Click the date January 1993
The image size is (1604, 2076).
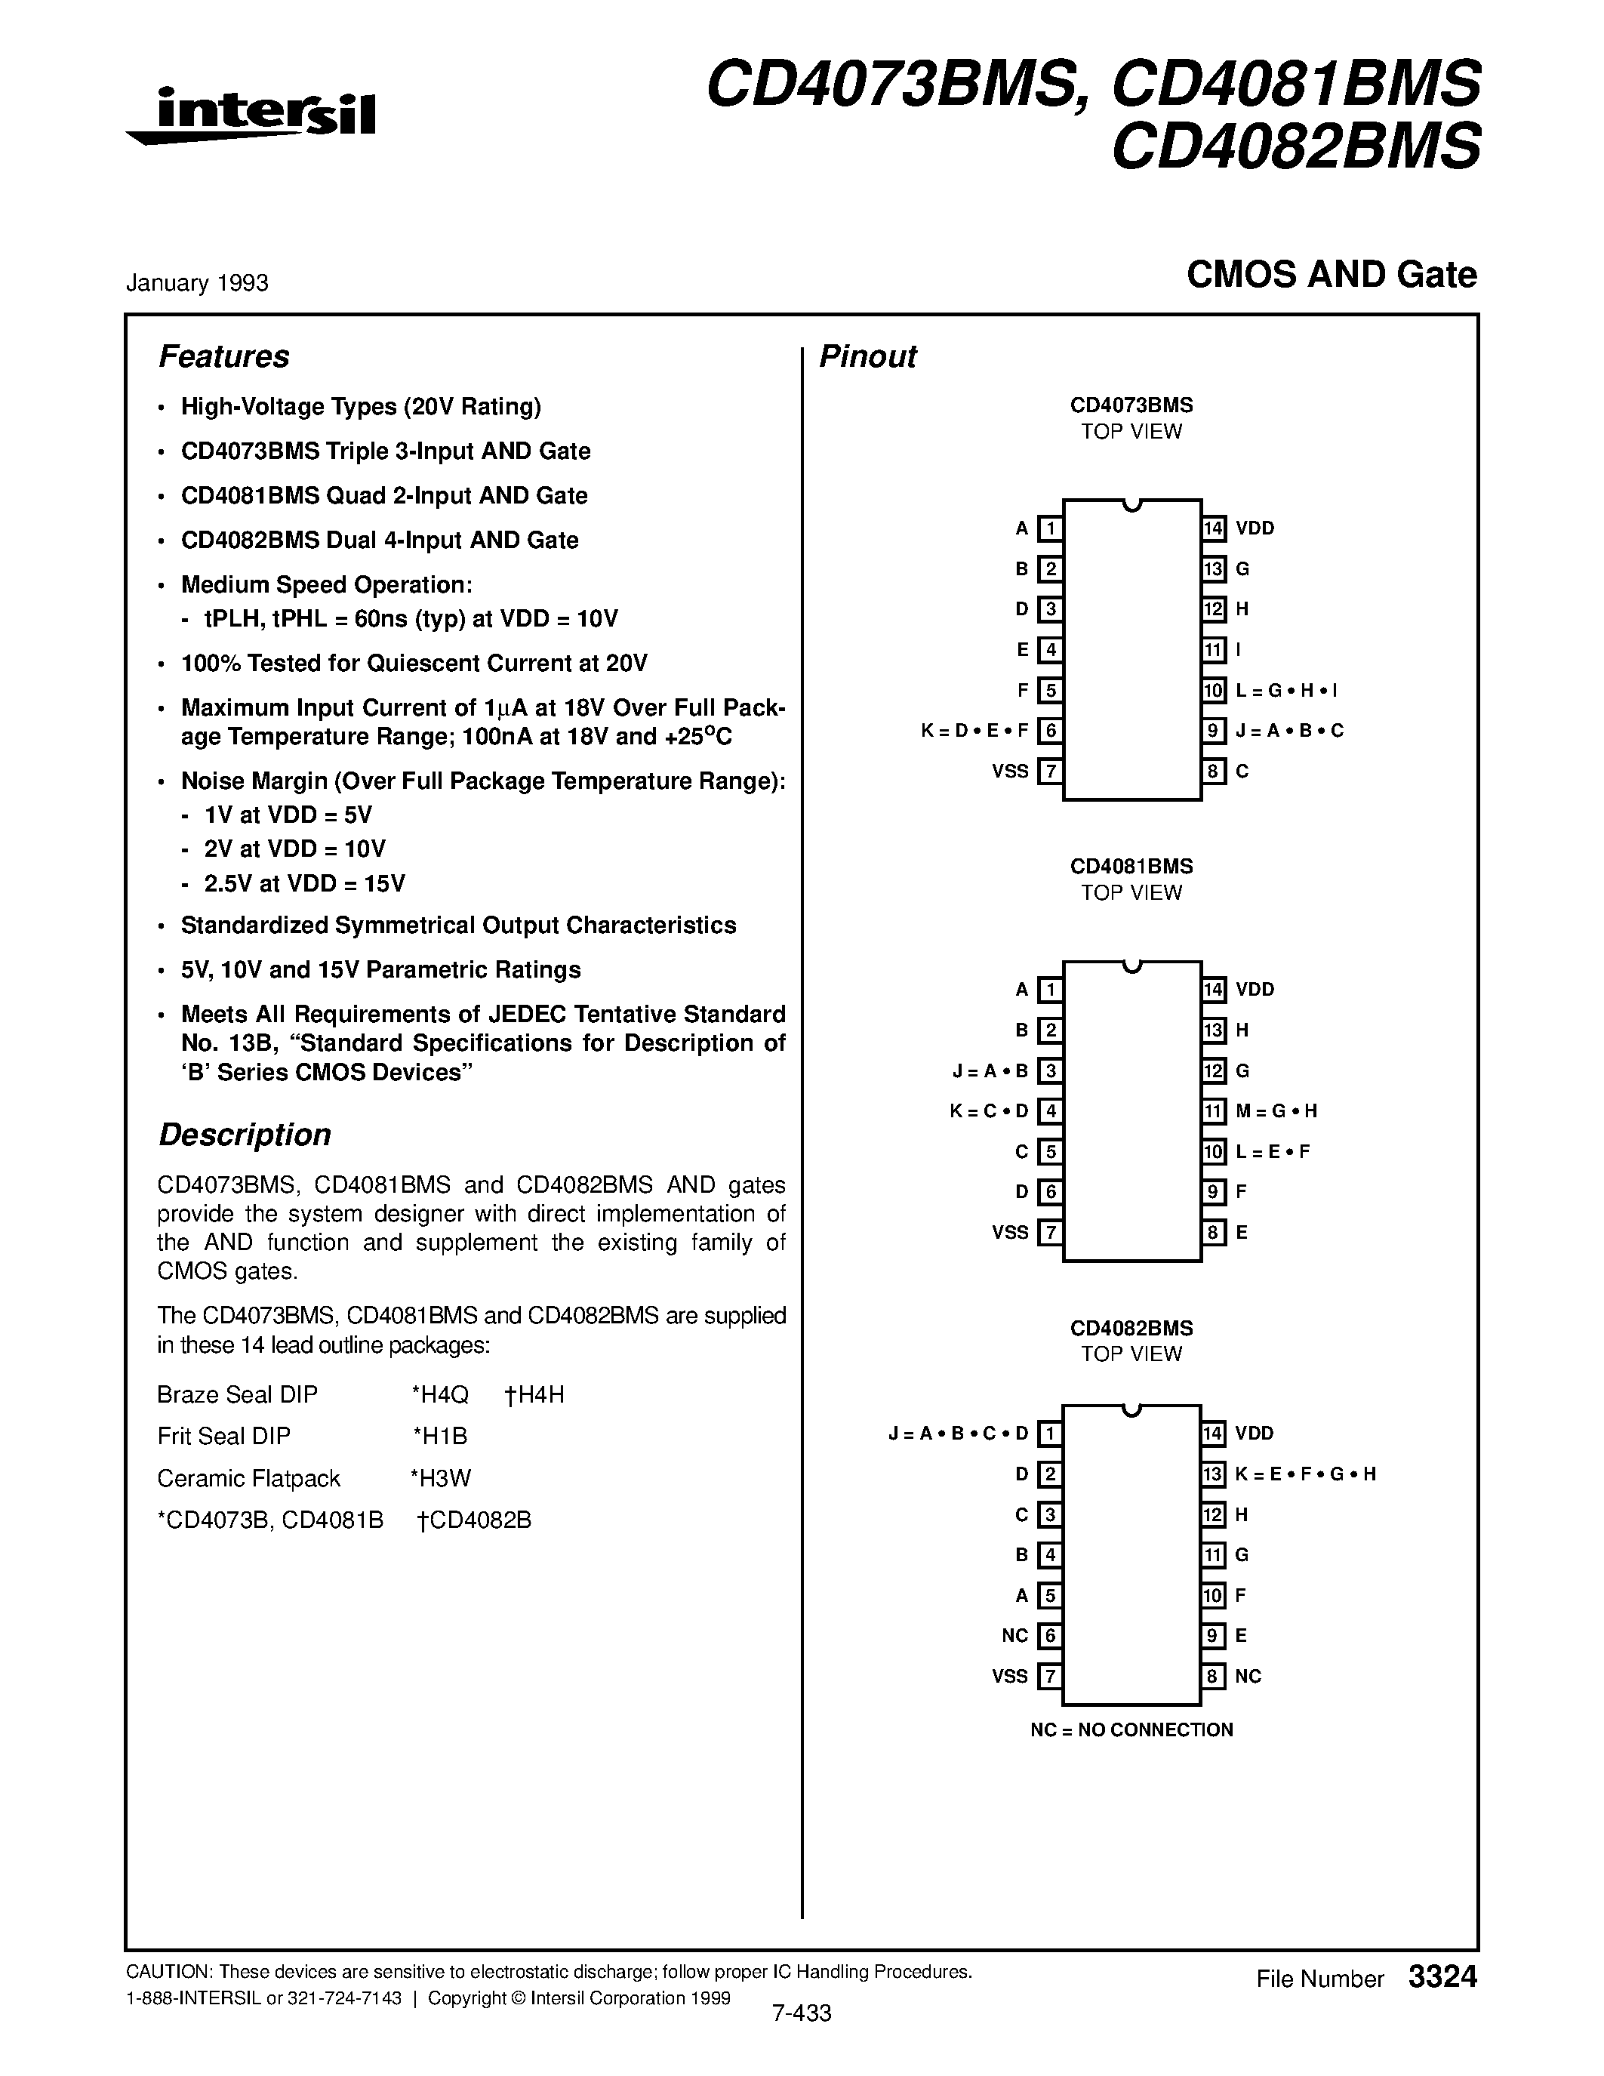[197, 283]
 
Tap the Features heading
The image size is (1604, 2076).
[223, 356]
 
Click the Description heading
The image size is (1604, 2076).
[245, 1135]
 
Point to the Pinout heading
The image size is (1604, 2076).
[867, 356]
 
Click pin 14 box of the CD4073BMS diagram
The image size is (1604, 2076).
[1214, 528]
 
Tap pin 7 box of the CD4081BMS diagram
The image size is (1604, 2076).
[1049, 1233]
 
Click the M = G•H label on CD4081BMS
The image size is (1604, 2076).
[1276, 1111]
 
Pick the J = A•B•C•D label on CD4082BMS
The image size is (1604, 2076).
[958, 1434]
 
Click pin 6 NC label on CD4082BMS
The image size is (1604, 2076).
[1014, 1636]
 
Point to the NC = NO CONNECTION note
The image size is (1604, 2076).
[1131, 1730]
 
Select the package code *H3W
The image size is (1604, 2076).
[441, 1478]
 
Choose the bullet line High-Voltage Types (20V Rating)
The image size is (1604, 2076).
[360, 407]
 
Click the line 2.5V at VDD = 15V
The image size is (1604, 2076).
[304, 884]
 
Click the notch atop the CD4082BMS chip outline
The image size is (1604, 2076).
[1131, 1409]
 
